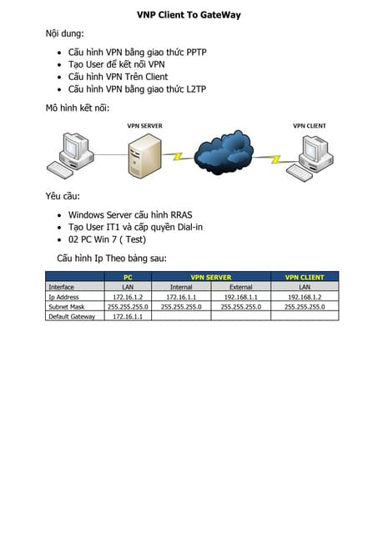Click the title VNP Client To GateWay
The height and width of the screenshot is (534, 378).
coord(189,15)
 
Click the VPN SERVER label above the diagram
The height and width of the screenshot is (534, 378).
coord(144,126)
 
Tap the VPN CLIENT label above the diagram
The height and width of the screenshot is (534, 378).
coord(309,126)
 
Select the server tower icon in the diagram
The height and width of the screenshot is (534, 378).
coord(144,157)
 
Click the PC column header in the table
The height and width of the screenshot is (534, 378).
coord(128,277)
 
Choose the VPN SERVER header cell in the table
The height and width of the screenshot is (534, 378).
coord(211,277)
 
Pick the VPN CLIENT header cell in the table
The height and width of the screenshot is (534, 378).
coord(305,277)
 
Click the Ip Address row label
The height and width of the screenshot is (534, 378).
coord(63,296)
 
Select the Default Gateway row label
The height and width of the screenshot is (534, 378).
coord(72,316)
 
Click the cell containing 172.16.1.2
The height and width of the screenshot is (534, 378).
coord(128,296)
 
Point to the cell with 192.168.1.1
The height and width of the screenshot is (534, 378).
coord(240,296)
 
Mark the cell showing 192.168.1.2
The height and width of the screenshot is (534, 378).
coord(305,296)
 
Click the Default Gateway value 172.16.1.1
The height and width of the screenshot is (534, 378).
coord(128,316)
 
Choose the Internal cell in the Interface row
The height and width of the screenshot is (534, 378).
coord(181,287)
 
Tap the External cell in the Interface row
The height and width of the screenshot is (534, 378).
coord(240,287)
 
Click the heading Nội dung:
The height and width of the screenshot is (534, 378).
coord(65,33)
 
